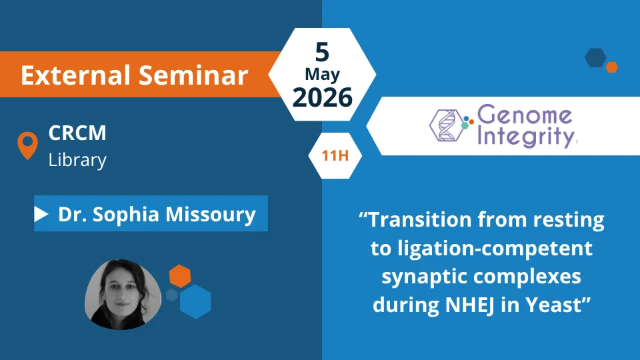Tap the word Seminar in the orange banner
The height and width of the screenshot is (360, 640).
pyautogui.click(x=193, y=75)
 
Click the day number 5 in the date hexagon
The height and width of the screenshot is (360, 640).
pyautogui.click(x=322, y=52)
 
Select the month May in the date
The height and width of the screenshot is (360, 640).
pyautogui.click(x=322, y=75)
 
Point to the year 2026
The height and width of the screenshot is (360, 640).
pyautogui.click(x=323, y=97)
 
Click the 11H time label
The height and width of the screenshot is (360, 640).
pyautogui.click(x=335, y=155)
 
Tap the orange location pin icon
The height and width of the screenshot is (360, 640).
pyautogui.click(x=28, y=145)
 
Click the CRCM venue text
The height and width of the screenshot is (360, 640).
pyautogui.click(x=77, y=133)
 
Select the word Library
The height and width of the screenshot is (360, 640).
pyautogui.click(x=77, y=159)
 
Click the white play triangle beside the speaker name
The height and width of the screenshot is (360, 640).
pyautogui.click(x=41, y=214)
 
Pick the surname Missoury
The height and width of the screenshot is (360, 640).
pyautogui.click(x=211, y=214)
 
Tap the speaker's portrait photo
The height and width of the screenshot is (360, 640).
pyautogui.click(x=123, y=294)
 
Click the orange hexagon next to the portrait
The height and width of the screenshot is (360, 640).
pyautogui.click(x=180, y=276)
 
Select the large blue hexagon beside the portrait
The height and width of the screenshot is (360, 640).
pyautogui.click(x=195, y=301)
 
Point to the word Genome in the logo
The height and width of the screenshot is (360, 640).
pyautogui.click(x=525, y=115)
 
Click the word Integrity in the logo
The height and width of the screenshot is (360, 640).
pyautogui.click(x=526, y=137)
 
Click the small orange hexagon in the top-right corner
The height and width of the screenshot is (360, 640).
pyautogui.click(x=611, y=67)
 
